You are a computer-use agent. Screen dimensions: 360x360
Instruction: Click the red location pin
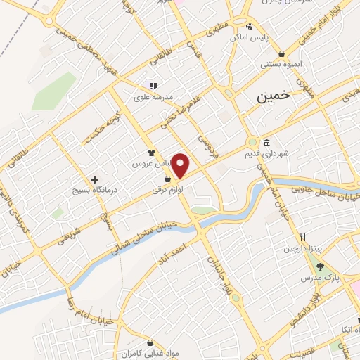coord(181,165)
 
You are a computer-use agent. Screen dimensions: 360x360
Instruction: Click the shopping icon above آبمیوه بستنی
coord(281,53)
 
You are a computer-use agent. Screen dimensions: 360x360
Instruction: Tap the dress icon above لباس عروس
coord(151,152)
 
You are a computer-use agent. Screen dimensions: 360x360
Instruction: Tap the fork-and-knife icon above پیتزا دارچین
coord(302,238)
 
